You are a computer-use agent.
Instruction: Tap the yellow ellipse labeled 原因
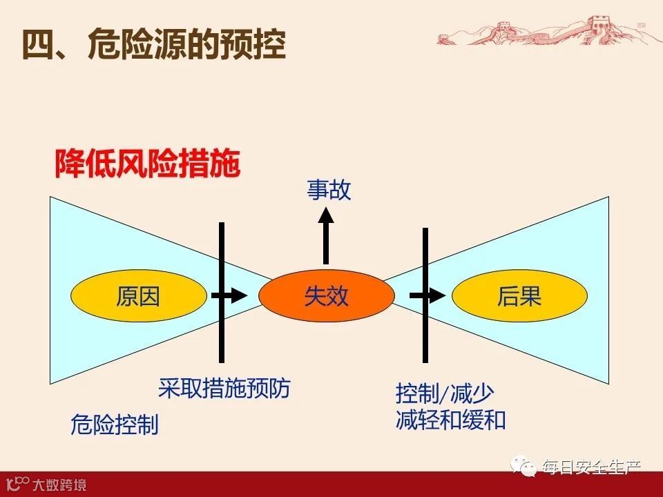coord(138,296)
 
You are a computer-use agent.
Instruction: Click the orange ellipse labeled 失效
coord(326,296)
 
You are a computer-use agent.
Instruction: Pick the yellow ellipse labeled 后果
coord(519,296)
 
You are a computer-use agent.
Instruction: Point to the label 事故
coord(329,191)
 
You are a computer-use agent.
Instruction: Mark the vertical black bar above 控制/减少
coord(425,262)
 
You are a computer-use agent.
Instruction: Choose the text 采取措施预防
coord(224,388)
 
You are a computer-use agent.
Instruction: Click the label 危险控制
coord(115,424)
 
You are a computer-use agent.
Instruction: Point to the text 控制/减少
coord(445,394)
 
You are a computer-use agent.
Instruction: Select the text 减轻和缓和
coord(450,420)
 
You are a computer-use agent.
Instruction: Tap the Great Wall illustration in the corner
coord(546,30)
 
